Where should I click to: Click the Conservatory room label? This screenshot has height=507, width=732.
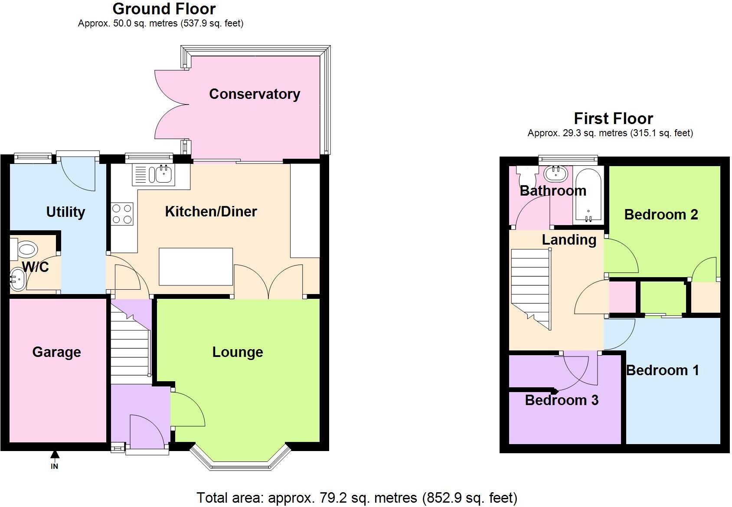(255, 94)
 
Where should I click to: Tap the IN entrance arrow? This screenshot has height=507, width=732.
(55, 455)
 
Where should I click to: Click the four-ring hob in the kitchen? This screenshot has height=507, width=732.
(122, 214)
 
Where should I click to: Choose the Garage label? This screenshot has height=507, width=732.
(56, 352)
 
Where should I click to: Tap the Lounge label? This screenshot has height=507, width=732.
(238, 352)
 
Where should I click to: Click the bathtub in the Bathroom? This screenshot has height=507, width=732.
(588, 195)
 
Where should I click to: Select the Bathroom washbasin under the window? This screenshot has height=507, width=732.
(556, 174)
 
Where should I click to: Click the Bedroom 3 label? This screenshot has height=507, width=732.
(562, 400)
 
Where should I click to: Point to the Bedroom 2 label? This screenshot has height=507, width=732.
(661, 214)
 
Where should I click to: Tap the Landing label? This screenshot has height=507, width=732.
(569, 239)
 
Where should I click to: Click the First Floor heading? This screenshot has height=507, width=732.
(613, 118)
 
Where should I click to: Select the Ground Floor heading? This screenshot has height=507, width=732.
(164, 9)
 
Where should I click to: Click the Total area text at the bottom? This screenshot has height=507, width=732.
(357, 497)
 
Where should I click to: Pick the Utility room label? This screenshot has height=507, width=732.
(65, 212)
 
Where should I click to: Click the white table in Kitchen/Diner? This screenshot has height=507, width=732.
(196, 266)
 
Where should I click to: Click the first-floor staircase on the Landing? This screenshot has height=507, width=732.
(530, 286)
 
